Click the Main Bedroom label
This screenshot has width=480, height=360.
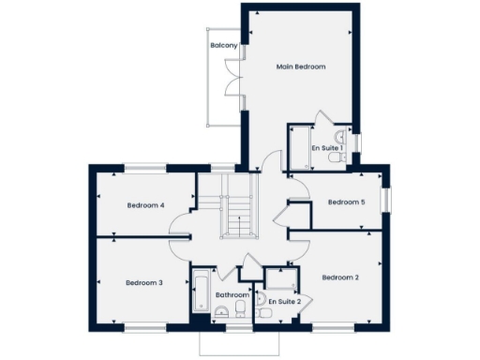(301, 67)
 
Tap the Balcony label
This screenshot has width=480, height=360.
(223, 45)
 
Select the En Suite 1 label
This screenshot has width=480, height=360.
(328, 148)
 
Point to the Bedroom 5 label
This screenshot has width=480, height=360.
(345, 202)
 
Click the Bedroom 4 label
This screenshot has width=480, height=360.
(145, 205)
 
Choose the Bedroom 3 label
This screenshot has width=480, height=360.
(144, 282)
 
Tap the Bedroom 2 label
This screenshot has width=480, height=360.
(341, 277)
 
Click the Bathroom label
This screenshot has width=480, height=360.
(232, 294)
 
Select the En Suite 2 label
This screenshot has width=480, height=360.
(284, 301)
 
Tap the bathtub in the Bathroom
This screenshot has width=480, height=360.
(200, 292)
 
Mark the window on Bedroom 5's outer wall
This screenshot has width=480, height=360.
(384, 202)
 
